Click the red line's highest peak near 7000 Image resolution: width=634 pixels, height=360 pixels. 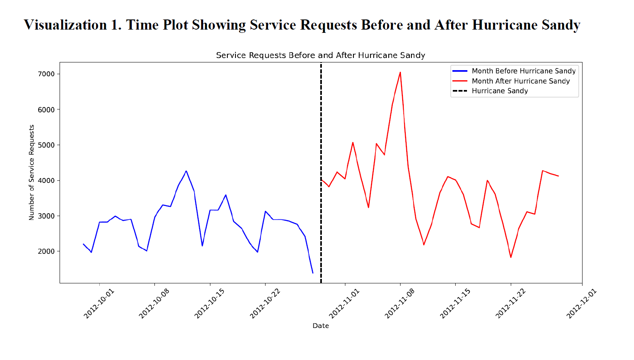click(x=400, y=73)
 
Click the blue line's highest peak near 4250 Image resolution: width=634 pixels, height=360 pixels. click(x=186, y=171)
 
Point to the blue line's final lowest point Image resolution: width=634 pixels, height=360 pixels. click(x=313, y=273)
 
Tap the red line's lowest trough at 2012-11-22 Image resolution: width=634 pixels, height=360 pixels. click(x=511, y=257)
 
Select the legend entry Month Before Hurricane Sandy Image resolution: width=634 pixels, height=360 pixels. click(x=523, y=71)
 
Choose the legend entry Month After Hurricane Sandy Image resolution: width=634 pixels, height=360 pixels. click(x=520, y=81)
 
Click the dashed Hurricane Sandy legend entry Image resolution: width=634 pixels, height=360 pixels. click(x=499, y=91)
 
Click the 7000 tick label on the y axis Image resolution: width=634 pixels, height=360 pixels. click(x=46, y=74)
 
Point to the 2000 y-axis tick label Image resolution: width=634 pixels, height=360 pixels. click(x=46, y=251)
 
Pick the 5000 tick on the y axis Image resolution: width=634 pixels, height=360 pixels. click(x=46, y=145)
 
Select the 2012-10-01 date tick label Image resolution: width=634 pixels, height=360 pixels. click(x=99, y=304)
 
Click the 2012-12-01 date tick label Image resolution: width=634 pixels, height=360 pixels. click(x=581, y=304)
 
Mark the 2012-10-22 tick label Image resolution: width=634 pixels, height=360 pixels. click(x=264, y=304)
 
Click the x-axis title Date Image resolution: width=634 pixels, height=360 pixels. click(x=320, y=326)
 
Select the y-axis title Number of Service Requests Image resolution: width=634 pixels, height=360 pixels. click(x=32, y=172)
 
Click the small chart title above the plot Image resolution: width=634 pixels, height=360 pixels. click(x=320, y=55)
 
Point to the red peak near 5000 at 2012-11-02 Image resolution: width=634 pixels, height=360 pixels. click(x=353, y=143)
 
